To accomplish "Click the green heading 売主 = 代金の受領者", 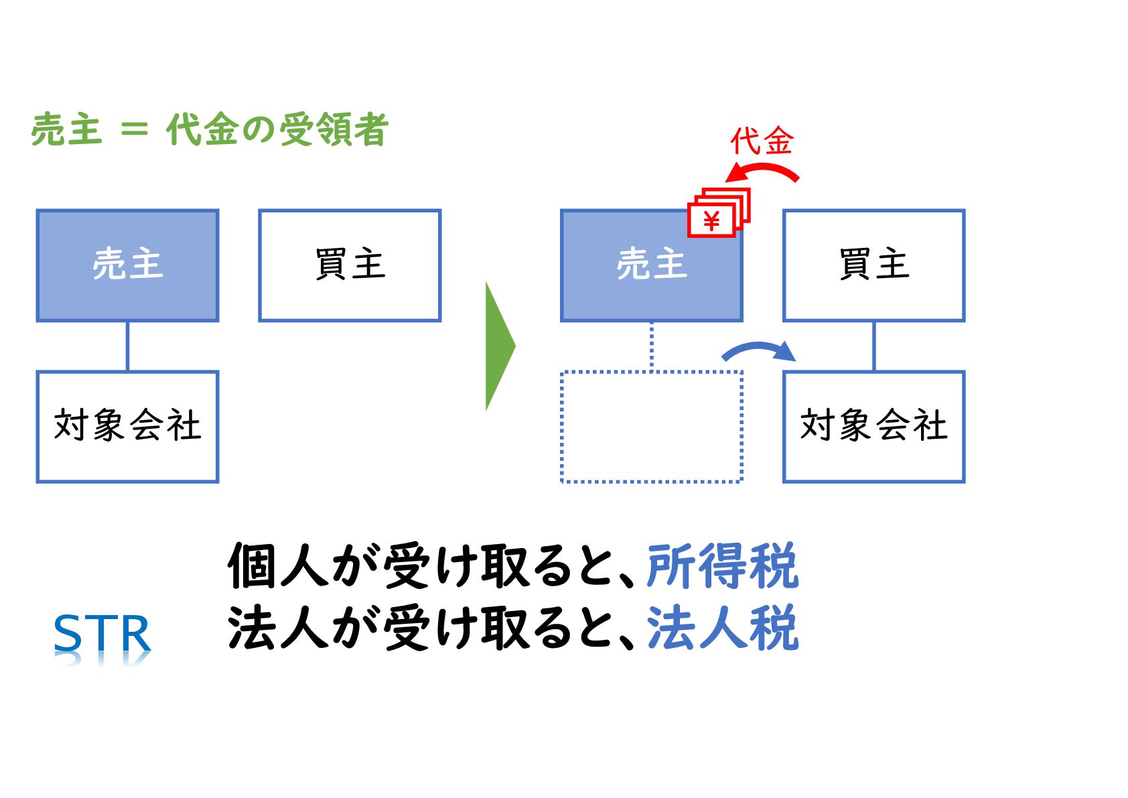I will [210, 129].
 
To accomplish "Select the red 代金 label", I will [762, 141].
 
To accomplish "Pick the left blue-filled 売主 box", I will [127, 265].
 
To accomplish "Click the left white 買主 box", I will [350, 265].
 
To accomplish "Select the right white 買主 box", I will [873, 265].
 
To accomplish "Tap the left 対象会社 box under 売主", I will [127, 426].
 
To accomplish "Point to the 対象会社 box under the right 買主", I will [873, 426].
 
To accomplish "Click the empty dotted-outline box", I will [651, 426].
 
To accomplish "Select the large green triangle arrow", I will [498, 346].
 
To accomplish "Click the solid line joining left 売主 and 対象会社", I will [127, 346].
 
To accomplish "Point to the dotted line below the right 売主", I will [651, 346].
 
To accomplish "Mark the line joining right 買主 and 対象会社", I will [873, 346].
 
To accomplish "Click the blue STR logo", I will [102, 634].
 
